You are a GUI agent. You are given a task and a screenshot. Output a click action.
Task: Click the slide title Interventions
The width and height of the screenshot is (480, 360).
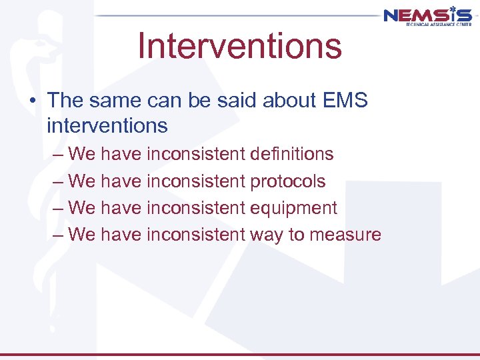(x=239, y=45)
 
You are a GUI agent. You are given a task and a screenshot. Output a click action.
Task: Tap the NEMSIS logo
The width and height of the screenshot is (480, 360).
(x=427, y=15)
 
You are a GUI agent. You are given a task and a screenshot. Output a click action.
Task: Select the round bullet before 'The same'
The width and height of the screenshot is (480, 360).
(x=34, y=101)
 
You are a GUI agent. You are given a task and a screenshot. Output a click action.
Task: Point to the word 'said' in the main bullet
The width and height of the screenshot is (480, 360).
(x=235, y=101)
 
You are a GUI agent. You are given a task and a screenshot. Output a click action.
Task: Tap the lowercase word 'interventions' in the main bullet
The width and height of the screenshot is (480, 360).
(x=107, y=125)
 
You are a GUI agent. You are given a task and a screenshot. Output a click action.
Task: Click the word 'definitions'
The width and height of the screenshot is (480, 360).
(x=291, y=154)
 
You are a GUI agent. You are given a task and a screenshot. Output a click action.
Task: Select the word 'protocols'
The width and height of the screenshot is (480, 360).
(x=287, y=181)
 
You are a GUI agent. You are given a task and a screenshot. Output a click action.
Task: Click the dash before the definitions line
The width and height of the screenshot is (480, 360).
(x=57, y=154)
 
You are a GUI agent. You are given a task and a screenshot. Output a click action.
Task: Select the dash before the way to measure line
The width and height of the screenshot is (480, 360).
(x=57, y=234)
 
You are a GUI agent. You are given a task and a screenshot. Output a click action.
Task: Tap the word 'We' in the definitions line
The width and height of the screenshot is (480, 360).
(x=82, y=154)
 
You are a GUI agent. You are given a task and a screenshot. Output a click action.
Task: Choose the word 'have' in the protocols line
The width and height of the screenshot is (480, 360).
(x=121, y=181)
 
